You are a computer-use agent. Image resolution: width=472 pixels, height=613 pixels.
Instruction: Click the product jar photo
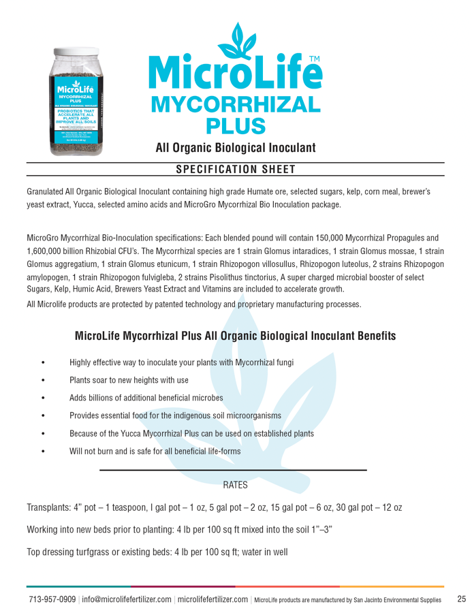click(76, 102)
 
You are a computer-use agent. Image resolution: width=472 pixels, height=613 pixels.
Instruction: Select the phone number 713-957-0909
click(52, 599)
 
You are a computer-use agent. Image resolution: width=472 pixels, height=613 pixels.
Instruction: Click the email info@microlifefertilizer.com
click(126, 599)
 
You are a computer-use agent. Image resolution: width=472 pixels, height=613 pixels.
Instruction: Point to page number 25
click(461, 599)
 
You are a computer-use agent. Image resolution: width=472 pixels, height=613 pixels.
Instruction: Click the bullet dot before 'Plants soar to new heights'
click(43, 380)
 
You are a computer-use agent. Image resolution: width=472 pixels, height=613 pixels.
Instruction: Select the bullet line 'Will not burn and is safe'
click(155, 451)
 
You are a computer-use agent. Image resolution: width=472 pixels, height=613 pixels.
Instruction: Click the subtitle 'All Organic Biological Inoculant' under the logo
click(235, 147)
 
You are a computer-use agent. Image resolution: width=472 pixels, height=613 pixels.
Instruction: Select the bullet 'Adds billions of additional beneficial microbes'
click(146, 398)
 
